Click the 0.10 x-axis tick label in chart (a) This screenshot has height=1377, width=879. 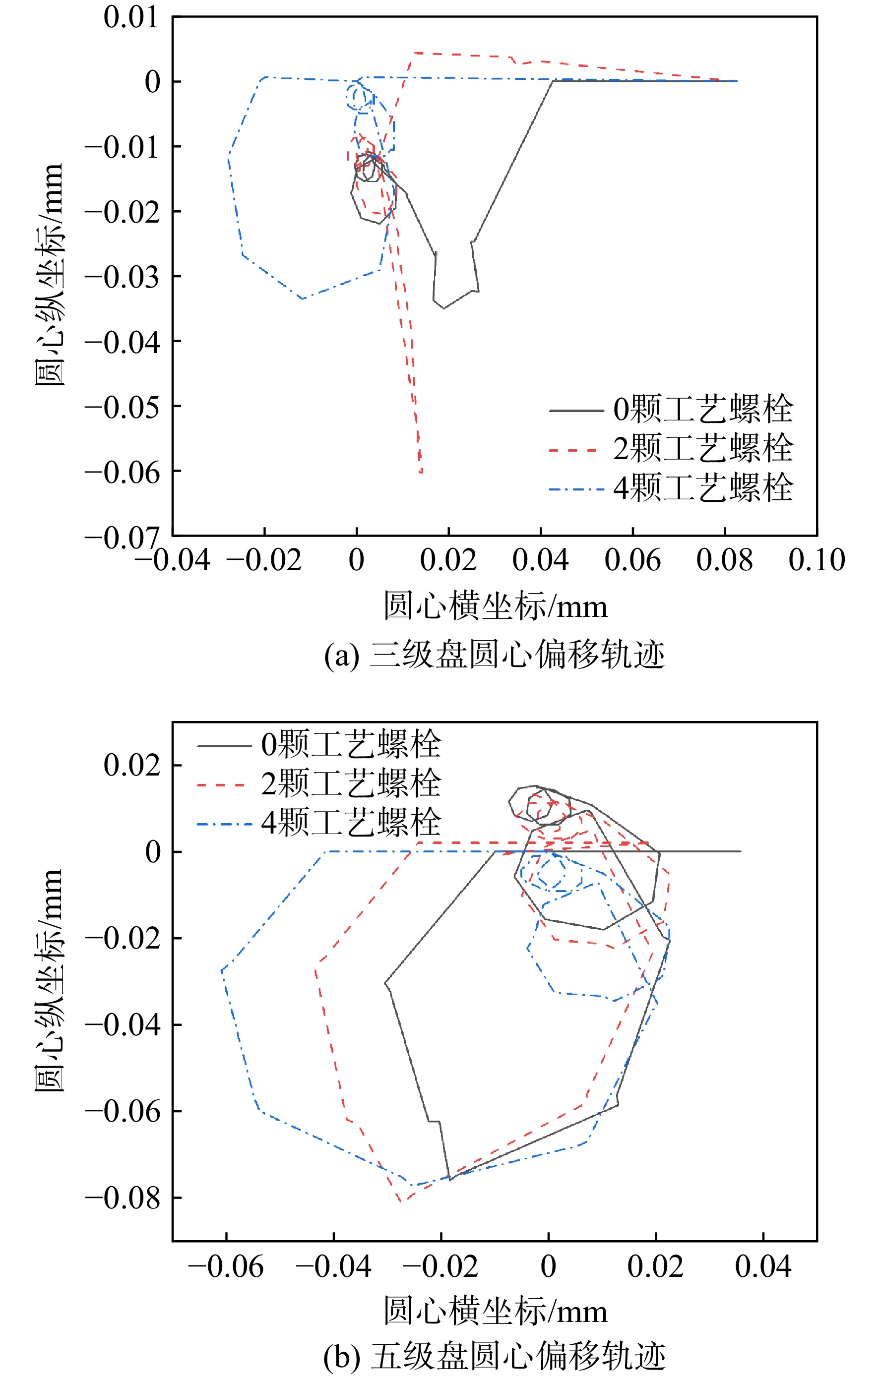(816, 560)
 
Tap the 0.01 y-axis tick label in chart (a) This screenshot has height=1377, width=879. (131, 17)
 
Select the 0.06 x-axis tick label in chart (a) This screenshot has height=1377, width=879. (632, 560)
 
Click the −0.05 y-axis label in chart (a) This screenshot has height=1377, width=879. (122, 407)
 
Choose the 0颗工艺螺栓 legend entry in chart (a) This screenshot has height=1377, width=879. (671, 410)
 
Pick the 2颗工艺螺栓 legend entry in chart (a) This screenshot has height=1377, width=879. (671, 448)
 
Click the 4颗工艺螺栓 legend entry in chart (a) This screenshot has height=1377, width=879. (671, 488)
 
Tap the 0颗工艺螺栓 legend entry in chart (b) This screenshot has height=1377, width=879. (319, 745)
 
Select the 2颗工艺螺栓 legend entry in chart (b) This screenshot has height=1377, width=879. (319, 784)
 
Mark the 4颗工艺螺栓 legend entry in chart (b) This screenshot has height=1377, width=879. (319, 824)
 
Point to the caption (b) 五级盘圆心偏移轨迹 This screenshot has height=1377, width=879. (494, 1356)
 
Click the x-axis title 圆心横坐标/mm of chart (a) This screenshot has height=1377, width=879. (495, 606)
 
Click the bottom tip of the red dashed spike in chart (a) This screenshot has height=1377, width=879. (421, 473)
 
